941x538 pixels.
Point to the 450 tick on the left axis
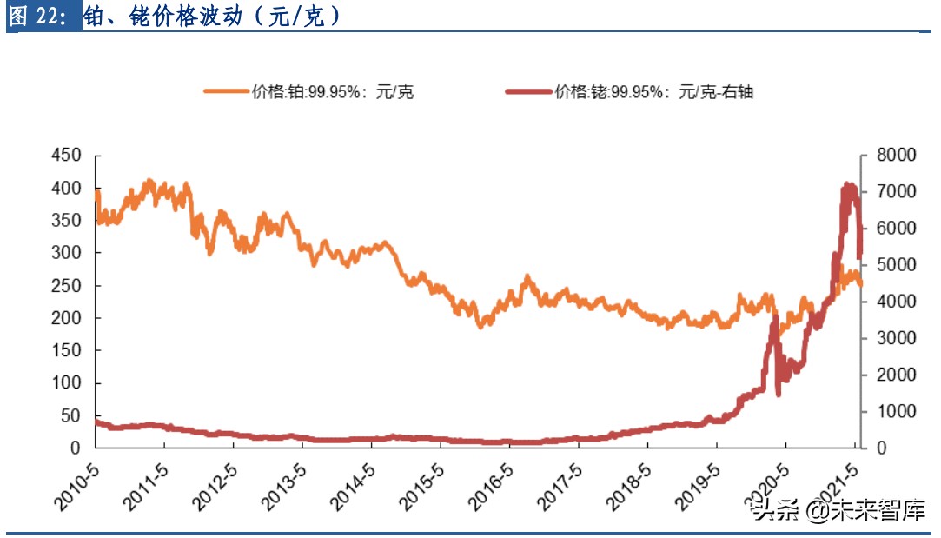[67, 156]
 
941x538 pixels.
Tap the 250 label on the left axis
[67, 286]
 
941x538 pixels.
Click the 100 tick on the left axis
[67, 383]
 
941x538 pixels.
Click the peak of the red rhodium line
[848, 185]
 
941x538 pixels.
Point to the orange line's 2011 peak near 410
[149, 182]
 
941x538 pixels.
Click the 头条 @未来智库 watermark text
[838, 510]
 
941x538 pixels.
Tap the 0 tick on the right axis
[877, 448]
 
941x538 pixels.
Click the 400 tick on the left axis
[67, 189]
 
